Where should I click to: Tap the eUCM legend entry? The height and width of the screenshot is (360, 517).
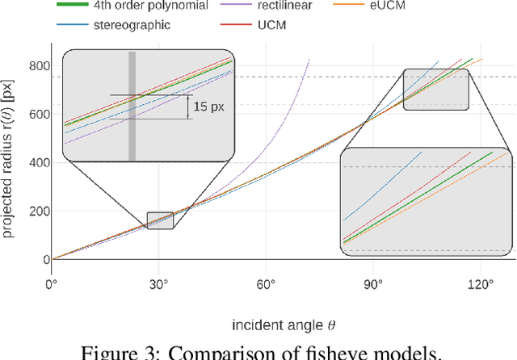(x=477, y=6)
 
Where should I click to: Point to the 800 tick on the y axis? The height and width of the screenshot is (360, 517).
(x=36, y=66)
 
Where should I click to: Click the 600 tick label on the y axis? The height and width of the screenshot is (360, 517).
(x=36, y=115)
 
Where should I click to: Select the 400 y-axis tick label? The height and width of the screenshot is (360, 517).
(x=36, y=163)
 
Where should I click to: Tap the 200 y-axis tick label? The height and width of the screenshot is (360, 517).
(x=36, y=211)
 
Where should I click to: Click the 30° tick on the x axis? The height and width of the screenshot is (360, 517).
(x=158, y=284)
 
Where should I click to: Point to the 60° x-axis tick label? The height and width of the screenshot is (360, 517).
(x=266, y=284)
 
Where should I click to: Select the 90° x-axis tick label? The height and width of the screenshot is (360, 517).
(x=373, y=284)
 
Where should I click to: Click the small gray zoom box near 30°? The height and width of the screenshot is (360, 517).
(x=160, y=220)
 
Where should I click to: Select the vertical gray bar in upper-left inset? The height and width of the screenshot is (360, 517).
(x=132, y=106)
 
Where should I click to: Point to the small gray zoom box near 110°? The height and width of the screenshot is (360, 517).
(x=435, y=88)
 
